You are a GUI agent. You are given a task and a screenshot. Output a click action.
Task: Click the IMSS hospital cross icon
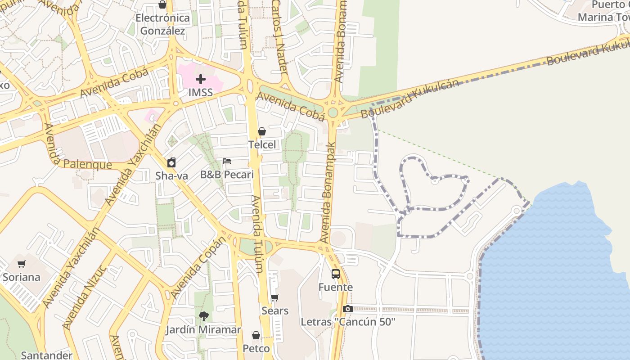[201, 80]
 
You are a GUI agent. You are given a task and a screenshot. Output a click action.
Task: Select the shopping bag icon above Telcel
[262, 131]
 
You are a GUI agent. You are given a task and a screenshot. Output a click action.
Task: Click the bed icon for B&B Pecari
[227, 161]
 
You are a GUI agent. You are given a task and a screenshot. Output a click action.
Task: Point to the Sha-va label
[171, 176]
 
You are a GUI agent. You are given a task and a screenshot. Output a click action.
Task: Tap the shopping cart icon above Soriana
[22, 264]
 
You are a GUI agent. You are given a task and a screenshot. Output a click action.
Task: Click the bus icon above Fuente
[336, 274]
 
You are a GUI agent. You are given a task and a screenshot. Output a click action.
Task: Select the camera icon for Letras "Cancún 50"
[347, 309]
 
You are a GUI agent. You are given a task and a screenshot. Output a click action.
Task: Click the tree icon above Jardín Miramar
[203, 316]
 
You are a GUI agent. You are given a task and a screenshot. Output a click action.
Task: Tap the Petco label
[256, 349]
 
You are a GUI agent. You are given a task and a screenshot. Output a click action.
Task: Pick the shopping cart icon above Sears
[275, 297]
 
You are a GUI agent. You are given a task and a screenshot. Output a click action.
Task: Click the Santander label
[46, 355]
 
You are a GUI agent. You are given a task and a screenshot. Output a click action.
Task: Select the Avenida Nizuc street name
[85, 297]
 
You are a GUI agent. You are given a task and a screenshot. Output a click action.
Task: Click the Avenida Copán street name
[198, 268]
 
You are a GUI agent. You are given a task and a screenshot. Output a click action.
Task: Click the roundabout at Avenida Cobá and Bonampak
[333, 112]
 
